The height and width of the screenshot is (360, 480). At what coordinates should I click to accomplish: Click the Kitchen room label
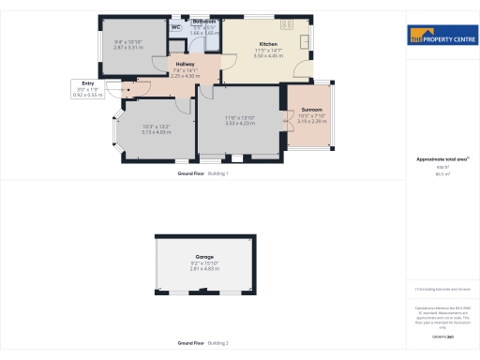[267, 44]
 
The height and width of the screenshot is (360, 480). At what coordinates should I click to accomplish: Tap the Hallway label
[185, 64]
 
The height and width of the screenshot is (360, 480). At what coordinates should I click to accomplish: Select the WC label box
[175, 27]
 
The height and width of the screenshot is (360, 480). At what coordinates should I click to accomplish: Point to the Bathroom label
[204, 21]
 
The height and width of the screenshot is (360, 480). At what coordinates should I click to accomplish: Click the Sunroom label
[311, 110]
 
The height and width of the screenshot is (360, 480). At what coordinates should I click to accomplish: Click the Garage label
[204, 257]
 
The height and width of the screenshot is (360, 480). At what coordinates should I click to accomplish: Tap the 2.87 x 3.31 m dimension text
[127, 47]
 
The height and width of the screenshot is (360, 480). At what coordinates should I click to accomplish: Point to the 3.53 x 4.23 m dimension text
[240, 123]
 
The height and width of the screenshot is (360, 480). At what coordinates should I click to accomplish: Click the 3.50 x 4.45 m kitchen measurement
[267, 56]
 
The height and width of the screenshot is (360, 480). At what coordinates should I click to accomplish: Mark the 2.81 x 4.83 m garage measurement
[204, 269]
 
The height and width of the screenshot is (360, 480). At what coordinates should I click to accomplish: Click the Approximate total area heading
[439, 159]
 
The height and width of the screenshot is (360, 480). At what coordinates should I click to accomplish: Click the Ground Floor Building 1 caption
[203, 173]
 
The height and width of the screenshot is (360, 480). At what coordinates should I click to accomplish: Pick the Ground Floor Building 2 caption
[203, 343]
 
